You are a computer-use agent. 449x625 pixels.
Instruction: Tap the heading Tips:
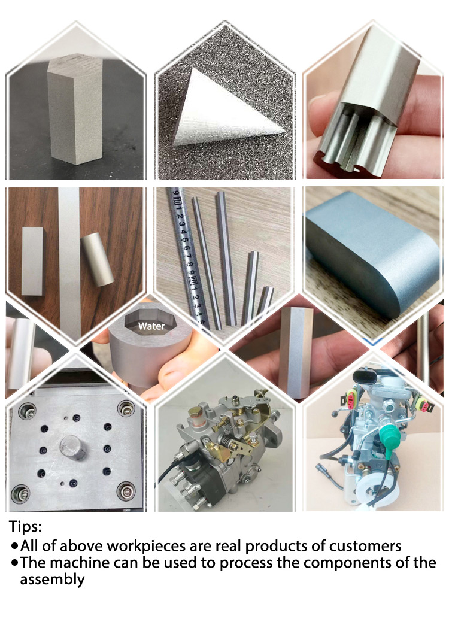click(x=26, y=527)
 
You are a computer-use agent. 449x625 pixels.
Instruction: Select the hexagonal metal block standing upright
click(x=74, y=111)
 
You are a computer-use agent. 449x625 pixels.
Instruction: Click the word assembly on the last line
click(x=53, y=580)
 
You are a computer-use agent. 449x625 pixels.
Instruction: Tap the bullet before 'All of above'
click(x=15, y=547)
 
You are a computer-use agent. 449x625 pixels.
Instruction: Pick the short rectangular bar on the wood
click(x=33, y=260)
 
